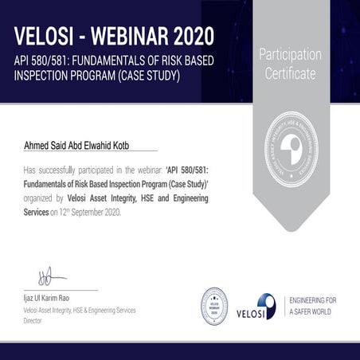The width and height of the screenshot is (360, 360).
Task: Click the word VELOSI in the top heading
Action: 45,36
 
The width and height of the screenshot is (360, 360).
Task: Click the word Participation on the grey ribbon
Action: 290,55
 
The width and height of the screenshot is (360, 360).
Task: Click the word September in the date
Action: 98,213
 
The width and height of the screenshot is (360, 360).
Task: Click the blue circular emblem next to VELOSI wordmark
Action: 265,306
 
